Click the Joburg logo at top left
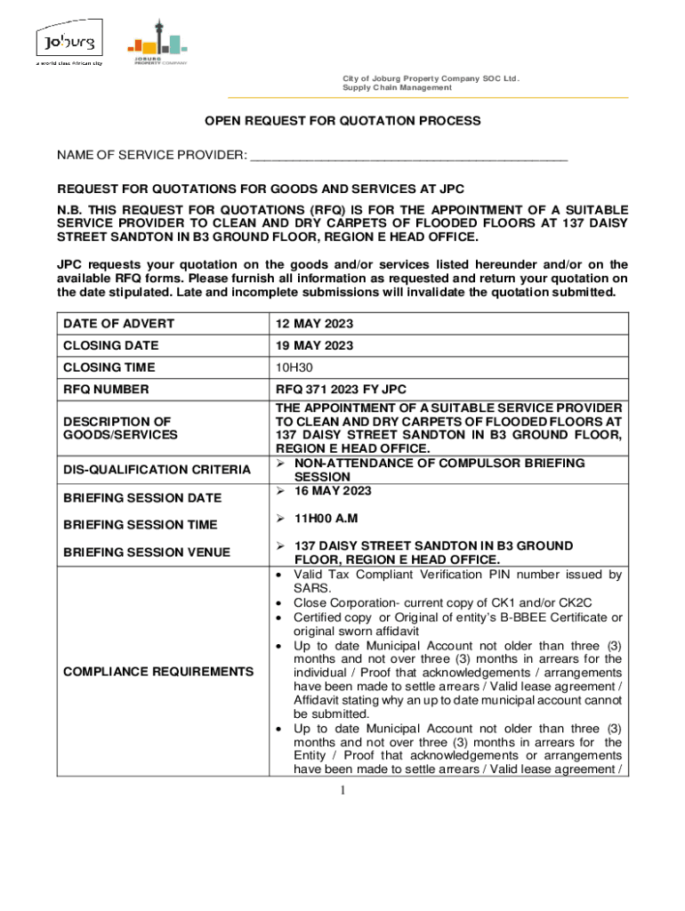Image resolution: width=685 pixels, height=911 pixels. [x=68, y=45]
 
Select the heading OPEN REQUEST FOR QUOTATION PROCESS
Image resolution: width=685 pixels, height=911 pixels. [x=343, y=120]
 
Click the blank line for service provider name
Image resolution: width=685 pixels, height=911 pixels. [x=408, y=157]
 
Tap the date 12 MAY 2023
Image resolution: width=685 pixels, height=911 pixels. [x=314, y=323]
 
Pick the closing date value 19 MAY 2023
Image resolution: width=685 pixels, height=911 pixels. [x=314, y=345]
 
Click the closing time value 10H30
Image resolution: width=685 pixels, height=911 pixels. [x=294, y=367]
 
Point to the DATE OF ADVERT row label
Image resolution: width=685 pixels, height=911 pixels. [x=118, y=323]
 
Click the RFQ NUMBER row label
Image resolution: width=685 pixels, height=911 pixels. [x=106, y=390]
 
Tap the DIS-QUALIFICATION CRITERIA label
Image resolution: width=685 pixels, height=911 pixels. [x=157, y=470]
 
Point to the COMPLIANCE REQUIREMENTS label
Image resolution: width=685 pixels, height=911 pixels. [x=157, y=671]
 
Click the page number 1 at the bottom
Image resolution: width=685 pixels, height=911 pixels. [x=342, y=791]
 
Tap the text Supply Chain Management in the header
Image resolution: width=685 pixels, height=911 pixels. [x=397, y=88]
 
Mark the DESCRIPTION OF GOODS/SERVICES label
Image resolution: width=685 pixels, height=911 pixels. [x=120, y=427]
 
